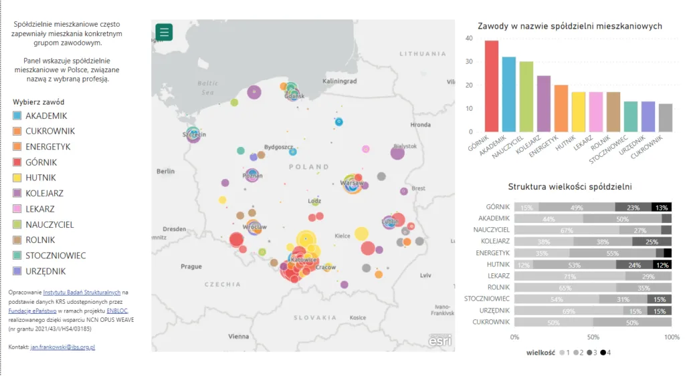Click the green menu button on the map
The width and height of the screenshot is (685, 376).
coord(164,32)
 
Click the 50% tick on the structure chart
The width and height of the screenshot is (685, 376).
coord(593,337)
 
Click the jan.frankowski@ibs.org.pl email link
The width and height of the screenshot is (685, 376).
coord(63,347)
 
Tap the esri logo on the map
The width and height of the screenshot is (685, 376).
coord(439,341)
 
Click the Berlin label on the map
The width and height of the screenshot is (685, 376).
coord(165,171)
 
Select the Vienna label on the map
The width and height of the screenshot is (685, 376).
coord(238,337)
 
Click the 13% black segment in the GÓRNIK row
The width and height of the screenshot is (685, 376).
coord(662,207)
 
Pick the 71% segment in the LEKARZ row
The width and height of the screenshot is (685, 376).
coord(570,276)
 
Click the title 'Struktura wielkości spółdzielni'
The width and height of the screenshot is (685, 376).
coord(569,187)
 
